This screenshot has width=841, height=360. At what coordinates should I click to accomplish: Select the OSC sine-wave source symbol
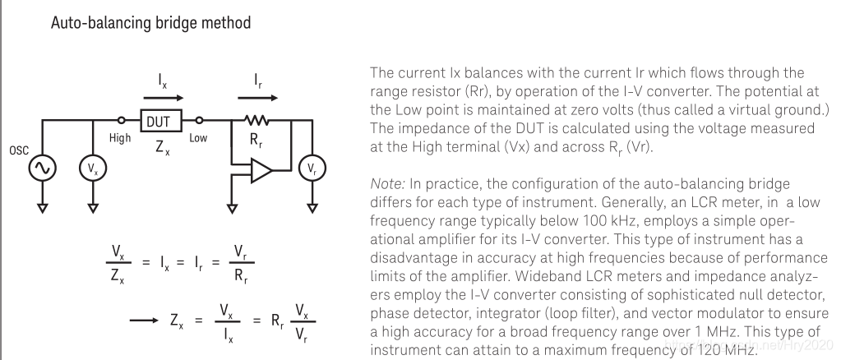pyautogui.click(x=40, y=168)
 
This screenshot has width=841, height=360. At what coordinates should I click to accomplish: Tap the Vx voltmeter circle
pyautogui.click(x=92, y=168)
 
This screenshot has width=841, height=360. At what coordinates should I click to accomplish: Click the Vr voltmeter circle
pyautogui.click(x=311, y=168)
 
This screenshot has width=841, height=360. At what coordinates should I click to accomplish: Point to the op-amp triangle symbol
pyautogui.click(x=259, y=171)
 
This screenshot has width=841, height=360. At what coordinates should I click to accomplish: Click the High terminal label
pyautogui.click(x=120, y=140)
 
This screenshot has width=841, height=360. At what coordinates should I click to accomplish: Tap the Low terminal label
pyautogui.click(x=198, y=140)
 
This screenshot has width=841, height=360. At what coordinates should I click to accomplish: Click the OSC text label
pyautogui.click(x=18, y=151)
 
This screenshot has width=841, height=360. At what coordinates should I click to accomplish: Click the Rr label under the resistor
pyautogui.click(x=256, y=141)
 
